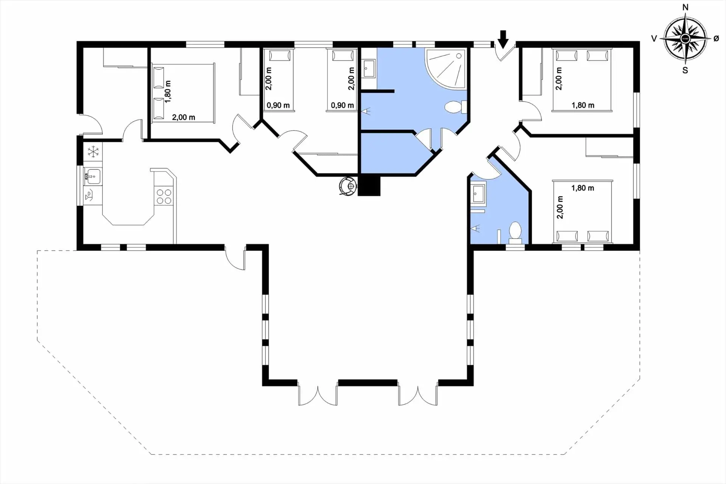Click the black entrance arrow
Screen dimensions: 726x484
(503, 39)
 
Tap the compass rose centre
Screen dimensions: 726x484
(685, 39)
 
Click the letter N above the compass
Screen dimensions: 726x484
(685, 7)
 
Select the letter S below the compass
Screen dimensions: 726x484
(685, 70)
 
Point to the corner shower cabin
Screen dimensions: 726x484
(446, 68)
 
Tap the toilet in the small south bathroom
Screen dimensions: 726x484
(515, 233)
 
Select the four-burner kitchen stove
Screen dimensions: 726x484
(164, 196)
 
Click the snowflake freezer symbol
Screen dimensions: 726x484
(93, 152)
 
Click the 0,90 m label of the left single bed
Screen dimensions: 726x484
(278, 105)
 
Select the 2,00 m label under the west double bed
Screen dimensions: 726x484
(183, 117)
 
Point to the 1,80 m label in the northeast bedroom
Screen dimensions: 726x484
(583, 105)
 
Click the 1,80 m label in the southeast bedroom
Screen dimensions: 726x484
(583, 188)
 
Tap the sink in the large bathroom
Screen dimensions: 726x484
(369, 69)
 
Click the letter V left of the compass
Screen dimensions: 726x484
(654, 39)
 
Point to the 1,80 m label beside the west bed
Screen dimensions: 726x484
(168, 92)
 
